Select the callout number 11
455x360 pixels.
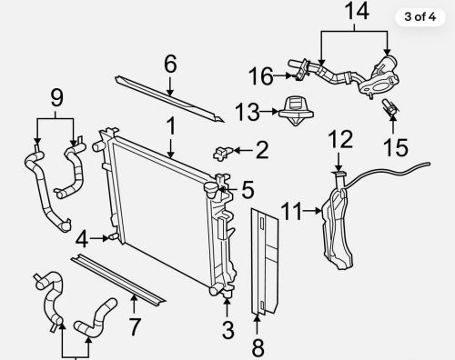click(292, 212)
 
